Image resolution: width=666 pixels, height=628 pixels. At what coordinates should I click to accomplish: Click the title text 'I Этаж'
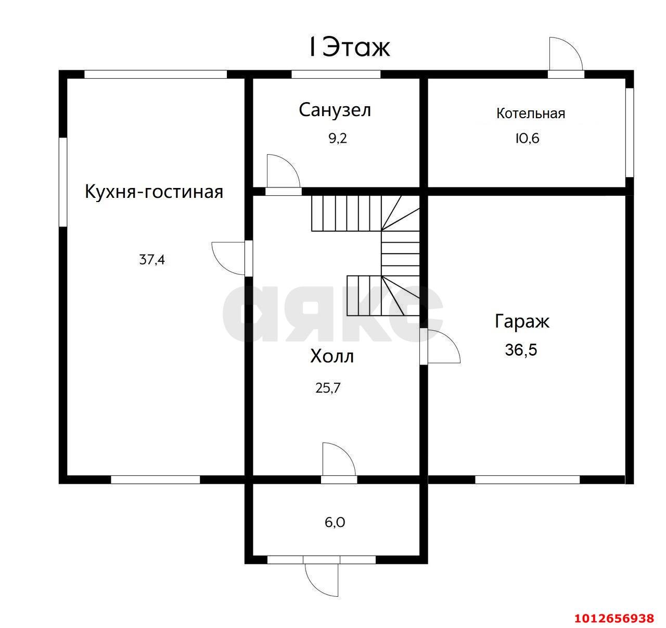[x=349, y=48]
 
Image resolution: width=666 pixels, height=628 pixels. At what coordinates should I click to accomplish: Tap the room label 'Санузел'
[x=335, y=110]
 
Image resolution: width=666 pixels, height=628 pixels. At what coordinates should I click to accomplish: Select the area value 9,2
[x=337, y=139]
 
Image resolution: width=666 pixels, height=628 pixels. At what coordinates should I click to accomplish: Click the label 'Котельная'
[x=530, y=113]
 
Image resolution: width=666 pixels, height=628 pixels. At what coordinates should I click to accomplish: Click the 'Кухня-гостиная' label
[x=154, y=192]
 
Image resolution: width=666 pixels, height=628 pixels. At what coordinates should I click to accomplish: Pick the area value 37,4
[x=152, y=259]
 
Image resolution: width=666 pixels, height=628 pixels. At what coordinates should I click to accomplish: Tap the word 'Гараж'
[x=522, y=321]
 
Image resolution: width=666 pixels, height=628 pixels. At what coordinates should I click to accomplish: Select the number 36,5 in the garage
[x=521, y=349]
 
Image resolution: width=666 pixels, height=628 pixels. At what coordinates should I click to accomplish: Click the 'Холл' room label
[x=332, y=357]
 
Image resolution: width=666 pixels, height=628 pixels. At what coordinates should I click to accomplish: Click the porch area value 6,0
[x=335, y=522]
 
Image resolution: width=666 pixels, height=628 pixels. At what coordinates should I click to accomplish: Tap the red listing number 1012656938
[x=614, y=618]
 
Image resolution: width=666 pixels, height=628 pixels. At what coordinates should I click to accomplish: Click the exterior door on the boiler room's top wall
[x=566, y=55]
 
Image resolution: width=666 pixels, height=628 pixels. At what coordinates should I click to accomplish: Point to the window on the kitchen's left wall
[x=63, y=182]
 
